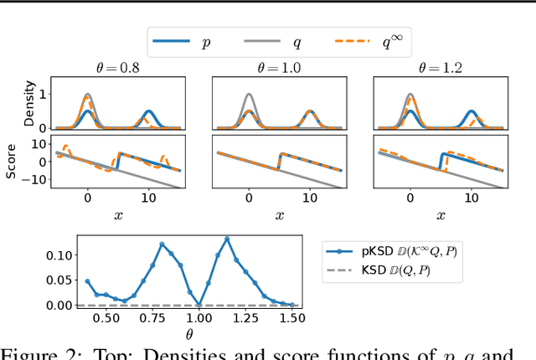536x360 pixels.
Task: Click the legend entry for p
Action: tap(188, 41)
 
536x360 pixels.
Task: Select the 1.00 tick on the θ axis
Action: tap(198, 318)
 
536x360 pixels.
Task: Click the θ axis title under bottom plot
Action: tap(189, 332)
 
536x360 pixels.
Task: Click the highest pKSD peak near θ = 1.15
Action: tap(227, 239)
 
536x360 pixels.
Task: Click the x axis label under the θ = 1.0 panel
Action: tap(279, 214)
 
